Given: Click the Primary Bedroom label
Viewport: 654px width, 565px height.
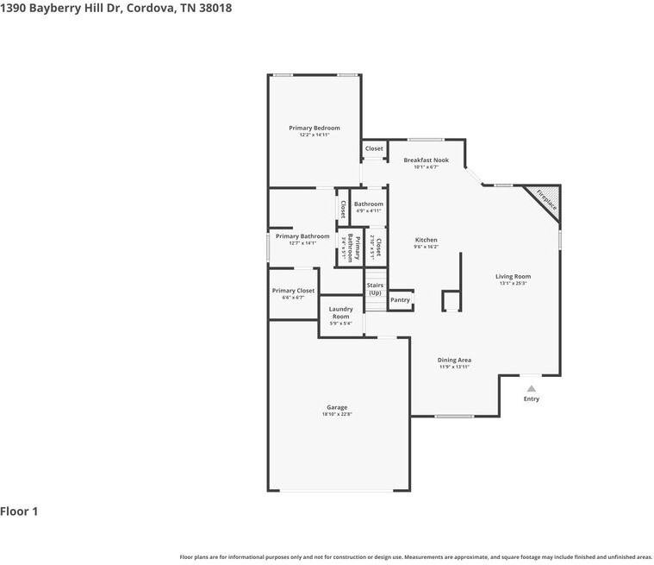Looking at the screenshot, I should pyautogui.click(x=314, y=128).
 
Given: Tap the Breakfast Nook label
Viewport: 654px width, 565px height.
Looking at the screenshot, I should pyautogui.click(x=426, y=160).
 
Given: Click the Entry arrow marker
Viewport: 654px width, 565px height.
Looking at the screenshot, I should pyautogui.click(x=531, y=389).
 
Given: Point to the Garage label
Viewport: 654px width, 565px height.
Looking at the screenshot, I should pyautogui.click(x=336, y=407).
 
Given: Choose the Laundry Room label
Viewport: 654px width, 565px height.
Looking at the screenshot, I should pyautogui.click(x=340, y=312).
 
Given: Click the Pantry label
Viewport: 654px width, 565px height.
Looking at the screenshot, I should pyautogui.click(x=400, y=299).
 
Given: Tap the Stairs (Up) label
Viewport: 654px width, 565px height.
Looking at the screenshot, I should pyautogui.click(x=375, y=288).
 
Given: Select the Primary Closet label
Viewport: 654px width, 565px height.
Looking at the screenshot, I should pyautogui.click(x=293, y=291).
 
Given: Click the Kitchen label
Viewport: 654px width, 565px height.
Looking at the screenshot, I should pyautogui.click(x=426, y=240).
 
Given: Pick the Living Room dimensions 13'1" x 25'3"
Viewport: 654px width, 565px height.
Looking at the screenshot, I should pyautogui.click(x=512, y=283).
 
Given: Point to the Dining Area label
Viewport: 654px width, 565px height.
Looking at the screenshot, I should pyautogui.click(x=454, y=360).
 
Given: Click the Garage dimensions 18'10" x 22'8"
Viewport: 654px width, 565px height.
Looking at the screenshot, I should pyautogui.click(x=336, y=414).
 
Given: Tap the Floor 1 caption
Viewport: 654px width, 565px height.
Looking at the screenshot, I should pyautogui.click(x=19, y=512).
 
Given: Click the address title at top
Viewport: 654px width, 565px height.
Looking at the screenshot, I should pyautogui.click(x=115, y=8).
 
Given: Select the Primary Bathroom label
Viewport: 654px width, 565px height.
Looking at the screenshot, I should pyautogui.click(x=302, y=235).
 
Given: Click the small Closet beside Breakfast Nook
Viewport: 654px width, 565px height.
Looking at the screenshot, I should pyautogui.click(x=374, y=148).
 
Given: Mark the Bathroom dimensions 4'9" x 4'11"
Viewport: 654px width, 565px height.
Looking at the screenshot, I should pyautogui.click(x=368, y=210).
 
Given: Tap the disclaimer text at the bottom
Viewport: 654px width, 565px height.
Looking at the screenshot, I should pyautogui.click(x=415, y=556).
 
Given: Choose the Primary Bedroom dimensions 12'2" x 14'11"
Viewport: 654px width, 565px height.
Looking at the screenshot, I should pyautogui.click(x=314, y=135).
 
